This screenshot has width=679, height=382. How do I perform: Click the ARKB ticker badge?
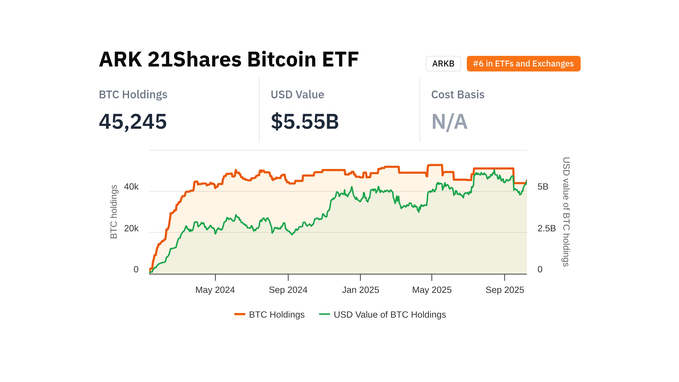point(443,64)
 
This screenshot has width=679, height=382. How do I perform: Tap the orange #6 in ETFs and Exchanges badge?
point(523,64)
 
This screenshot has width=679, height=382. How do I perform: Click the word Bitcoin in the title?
point(282,59)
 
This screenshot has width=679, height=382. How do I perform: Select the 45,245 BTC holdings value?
point(133,121)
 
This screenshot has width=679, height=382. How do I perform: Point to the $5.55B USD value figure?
point(304,121)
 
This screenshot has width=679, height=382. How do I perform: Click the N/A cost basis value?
point(449,121)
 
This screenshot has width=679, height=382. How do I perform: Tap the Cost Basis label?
point(458,94)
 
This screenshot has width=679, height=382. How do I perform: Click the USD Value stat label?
point(297,94)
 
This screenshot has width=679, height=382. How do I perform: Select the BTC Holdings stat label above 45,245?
point(133,94)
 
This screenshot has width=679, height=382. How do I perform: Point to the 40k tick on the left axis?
point(131,187)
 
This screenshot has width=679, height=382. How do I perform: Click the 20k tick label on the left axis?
point(131,228)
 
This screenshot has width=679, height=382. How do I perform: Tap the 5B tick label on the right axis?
point(543,187)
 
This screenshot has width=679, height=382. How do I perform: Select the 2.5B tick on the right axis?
point(546,228)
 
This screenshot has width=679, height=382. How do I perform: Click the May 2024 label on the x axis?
point(215,290)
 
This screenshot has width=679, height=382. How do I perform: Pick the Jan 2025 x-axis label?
point(360,290)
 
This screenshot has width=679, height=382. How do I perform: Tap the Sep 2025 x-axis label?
point(505,290)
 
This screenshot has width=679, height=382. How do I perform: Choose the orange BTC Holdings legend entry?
point(269,314)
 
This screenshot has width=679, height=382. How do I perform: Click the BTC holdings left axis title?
point(114,212)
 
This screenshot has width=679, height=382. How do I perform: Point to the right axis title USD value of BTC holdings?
point(566,212)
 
